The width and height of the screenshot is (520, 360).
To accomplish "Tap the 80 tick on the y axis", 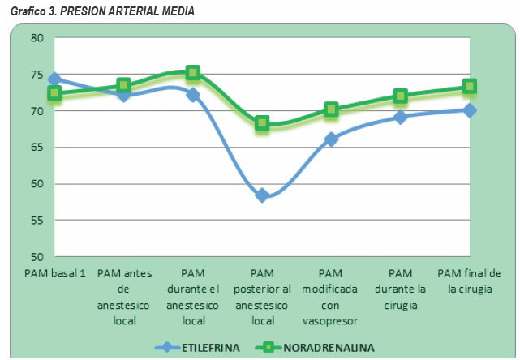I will coord(37,38).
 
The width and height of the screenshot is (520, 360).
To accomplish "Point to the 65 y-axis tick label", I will coord(37,148).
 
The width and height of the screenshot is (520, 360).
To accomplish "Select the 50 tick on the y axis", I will coord(37,257).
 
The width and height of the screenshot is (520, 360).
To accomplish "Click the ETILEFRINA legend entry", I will coord(208,347).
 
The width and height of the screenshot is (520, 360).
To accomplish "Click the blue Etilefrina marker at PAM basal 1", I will coord(54,79).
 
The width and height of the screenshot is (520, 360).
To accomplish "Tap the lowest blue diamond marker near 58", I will coord(262,195).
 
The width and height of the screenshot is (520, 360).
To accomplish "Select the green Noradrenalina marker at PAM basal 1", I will coord(54,93).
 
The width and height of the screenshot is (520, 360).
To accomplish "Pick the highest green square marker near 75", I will coord(193,73).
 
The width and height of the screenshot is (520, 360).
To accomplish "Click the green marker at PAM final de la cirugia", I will coord(470,87).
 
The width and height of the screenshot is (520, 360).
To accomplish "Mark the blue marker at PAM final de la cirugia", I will coord(470,110).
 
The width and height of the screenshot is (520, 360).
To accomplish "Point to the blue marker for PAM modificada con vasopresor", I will coord(331,139).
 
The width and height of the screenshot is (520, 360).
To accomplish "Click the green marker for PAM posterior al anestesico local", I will coord(262,123).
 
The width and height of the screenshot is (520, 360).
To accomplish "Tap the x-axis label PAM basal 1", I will coord(54,273).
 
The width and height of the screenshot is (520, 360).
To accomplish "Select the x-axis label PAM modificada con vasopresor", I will coord(331,297).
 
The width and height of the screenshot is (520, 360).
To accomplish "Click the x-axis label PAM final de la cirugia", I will coord(469,281).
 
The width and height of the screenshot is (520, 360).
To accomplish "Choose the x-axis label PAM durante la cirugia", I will coord(400,289).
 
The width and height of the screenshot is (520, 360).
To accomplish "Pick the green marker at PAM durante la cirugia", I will coord(400,96).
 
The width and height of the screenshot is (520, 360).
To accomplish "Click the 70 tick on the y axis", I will coord(37,111).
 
